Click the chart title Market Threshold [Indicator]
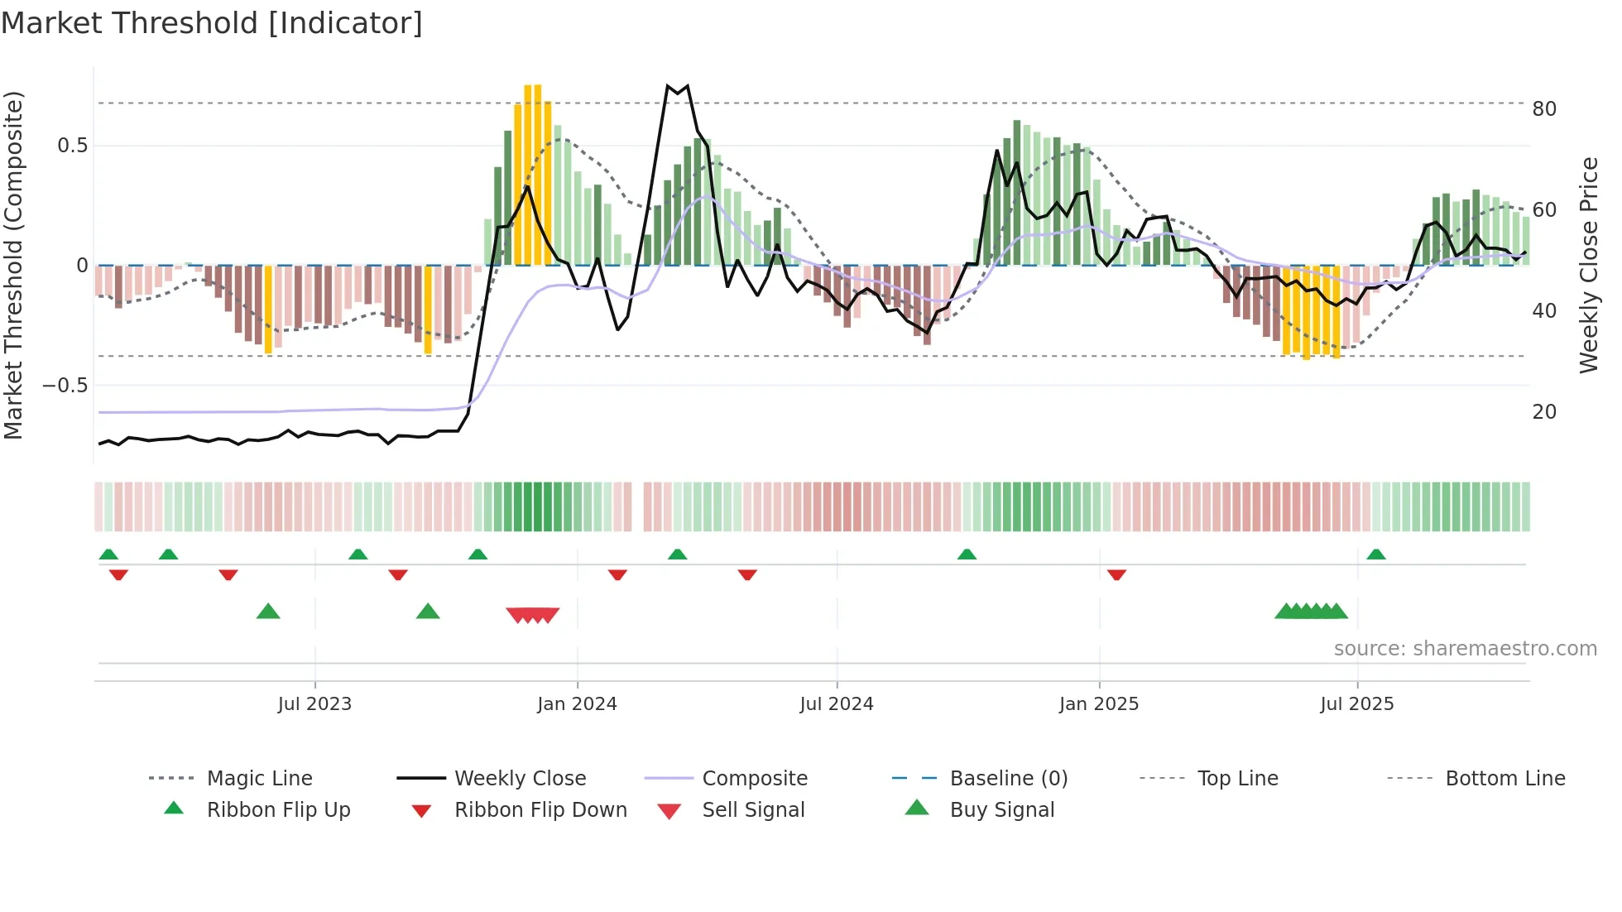[212, 23]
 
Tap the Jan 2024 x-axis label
[577, 704]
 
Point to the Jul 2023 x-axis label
[314, 704]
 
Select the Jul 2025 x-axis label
[1357, 704]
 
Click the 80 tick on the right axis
[1544, 109]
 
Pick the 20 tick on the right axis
[1544, 412]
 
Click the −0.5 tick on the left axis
[65, 386]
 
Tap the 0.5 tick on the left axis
[72, 146]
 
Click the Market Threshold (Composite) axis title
[13, 265]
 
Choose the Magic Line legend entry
[259, 779]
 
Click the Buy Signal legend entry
[1001, 810]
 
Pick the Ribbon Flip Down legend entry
[540, 810]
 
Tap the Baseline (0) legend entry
[1008, 779]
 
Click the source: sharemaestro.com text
[1465, 649]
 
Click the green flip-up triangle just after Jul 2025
[1376, 554]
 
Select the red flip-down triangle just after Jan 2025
[1116, 574]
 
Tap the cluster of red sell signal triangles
[533, 615]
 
